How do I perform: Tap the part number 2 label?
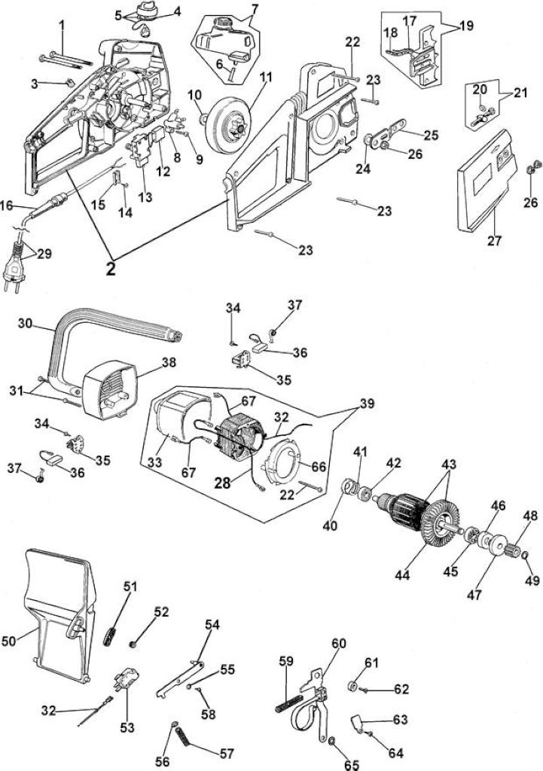[x=111, y=269]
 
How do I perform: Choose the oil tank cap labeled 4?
[x=146, y=10]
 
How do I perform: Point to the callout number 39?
[x=367, y=404]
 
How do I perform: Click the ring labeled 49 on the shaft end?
[x=524, y=556]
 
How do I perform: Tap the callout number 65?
[x=352, y=765]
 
